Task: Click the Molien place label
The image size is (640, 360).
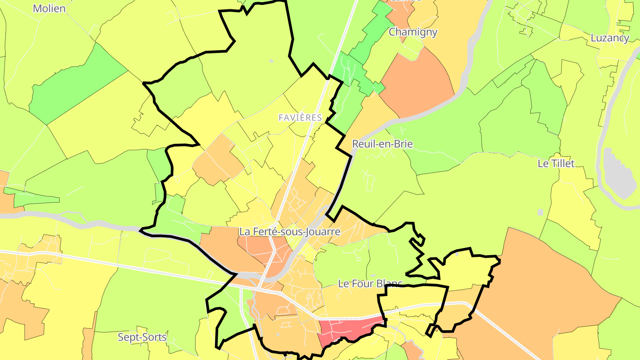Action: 49,8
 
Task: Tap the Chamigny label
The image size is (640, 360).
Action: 413,32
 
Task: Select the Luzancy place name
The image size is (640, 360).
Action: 610,38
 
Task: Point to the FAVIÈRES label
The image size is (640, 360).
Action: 300,118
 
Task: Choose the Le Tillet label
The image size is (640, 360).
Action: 556,164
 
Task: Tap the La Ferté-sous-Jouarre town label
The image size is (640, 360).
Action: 289,232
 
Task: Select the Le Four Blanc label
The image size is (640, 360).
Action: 370,284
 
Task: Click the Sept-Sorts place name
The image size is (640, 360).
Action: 142,337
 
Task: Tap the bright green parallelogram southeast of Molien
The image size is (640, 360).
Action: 78,84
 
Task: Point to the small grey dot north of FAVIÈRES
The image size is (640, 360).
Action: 271,61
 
